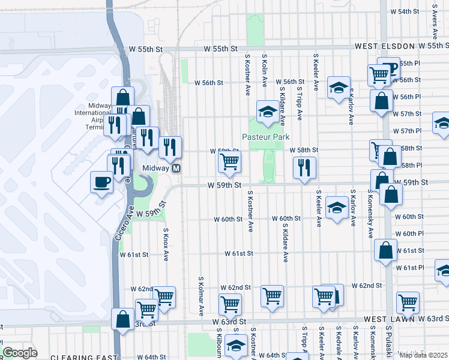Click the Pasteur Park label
[x=266, y=137]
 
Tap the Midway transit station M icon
[x=176, y=169]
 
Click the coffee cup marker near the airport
[x=101, y=181]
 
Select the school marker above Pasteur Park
[x=268, y=110]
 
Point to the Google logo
[x=20, y=353]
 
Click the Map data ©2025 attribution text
[x=423, y=355]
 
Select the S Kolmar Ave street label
[x=200, y=296]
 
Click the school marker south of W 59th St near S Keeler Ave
[x=337, y=208]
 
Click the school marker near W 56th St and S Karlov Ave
[x=339, y=88]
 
